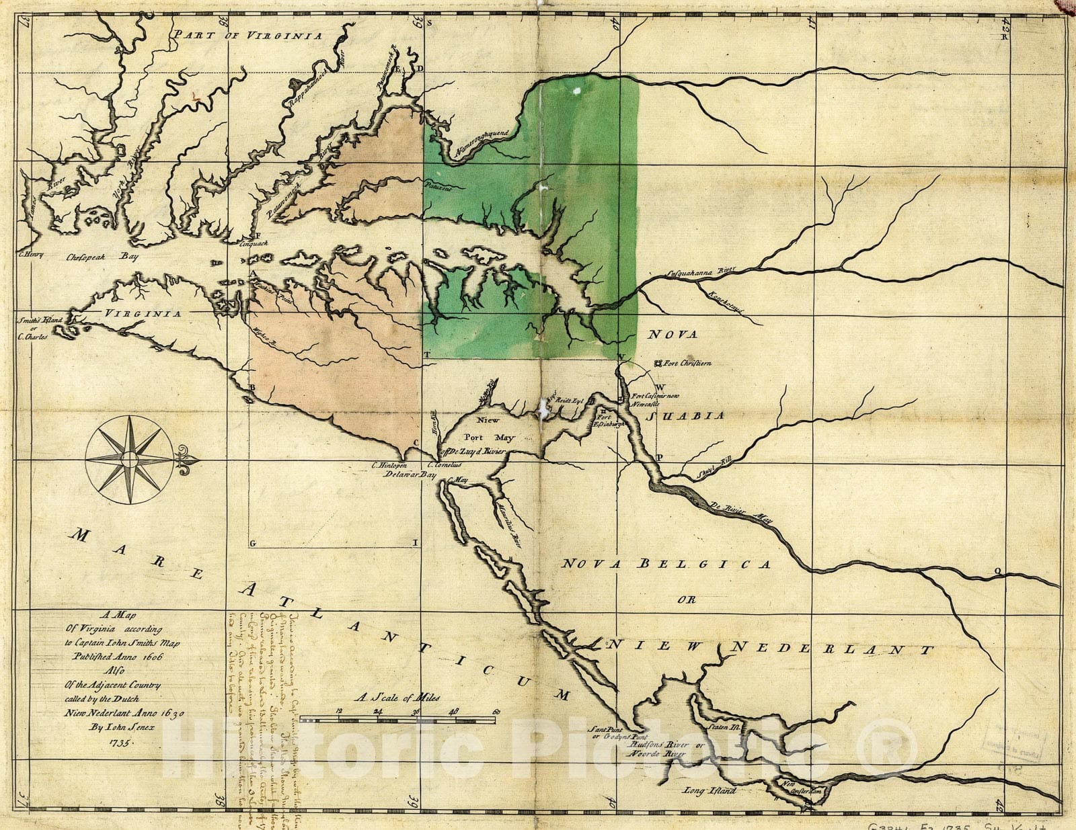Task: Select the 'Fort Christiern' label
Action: [686, 364]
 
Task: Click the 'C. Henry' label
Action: [31, 255]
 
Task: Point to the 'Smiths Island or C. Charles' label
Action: [33, 329]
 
